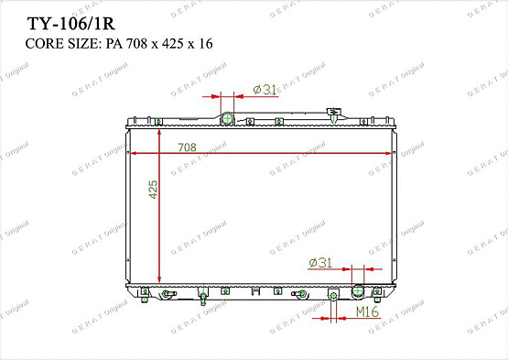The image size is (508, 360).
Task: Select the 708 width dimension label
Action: pos(187,147)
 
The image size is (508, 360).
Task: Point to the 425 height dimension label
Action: pos(154,190)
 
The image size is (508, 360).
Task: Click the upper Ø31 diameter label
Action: pos(265,89)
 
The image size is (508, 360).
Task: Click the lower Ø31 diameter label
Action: pos(319,263)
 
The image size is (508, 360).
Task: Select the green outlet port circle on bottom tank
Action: pos(358,292)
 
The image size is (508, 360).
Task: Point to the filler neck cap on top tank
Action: pos(333,115)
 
